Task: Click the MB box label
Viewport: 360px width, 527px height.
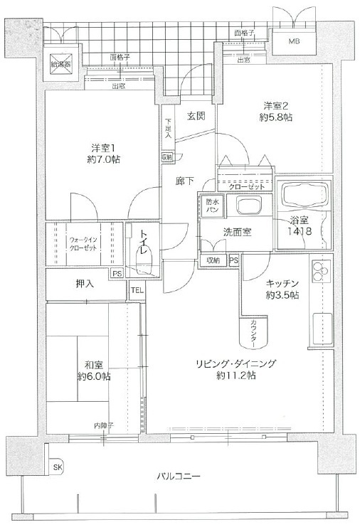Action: point(294,41)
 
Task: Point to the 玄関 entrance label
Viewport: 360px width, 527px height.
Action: point(196,116)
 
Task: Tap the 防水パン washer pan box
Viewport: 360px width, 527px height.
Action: point(212,206)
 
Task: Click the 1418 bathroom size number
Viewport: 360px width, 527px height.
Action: point(298,232)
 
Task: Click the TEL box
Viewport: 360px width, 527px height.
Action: point(137,290)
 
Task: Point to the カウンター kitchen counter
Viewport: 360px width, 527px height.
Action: point(255,333)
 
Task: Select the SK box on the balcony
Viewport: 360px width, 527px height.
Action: point(57,467)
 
